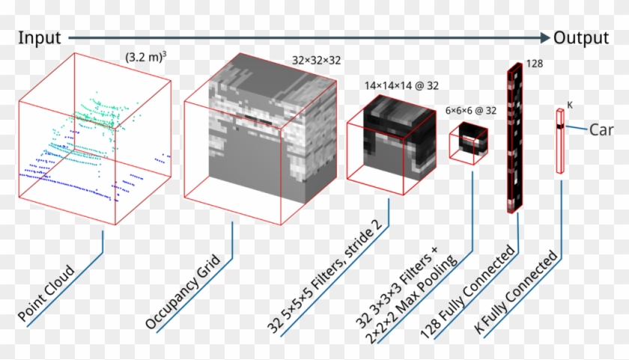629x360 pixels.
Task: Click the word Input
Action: [40, 37]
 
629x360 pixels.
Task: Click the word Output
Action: [581, 37]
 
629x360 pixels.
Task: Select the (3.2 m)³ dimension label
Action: [147, 56]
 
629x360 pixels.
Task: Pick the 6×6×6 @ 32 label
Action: [471, 110]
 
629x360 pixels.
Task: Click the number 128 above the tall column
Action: [535, 64]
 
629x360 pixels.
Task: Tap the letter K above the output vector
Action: [569, 105]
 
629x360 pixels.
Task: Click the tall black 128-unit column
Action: [514, 138]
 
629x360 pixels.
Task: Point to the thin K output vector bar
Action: [559, 142]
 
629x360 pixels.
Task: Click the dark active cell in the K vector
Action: [559, 128]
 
